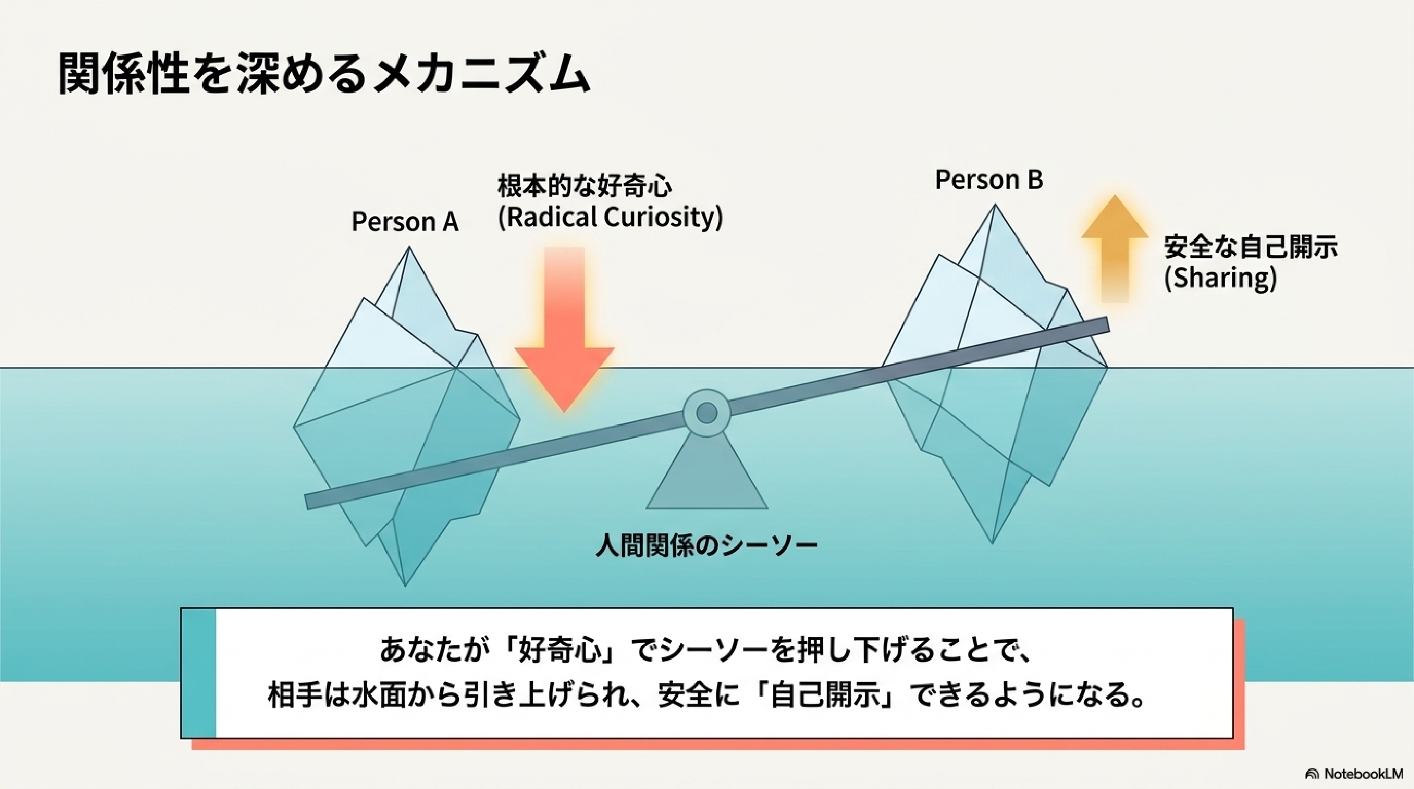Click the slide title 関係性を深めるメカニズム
[x=324, y=74]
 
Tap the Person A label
[x=404, y=222]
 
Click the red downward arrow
[x=564, y=329]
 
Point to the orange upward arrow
[x=1115, y=249]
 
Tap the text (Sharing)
[x=1220, y=278]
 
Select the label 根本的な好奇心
[x=584, y=186]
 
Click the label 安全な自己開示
[x=1251, y=247]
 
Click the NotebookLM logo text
[x=1363, y=774]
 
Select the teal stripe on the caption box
[x=199, y=673]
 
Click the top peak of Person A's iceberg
[x=409, y=248]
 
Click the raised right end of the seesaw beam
[x=1107, y=325]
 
